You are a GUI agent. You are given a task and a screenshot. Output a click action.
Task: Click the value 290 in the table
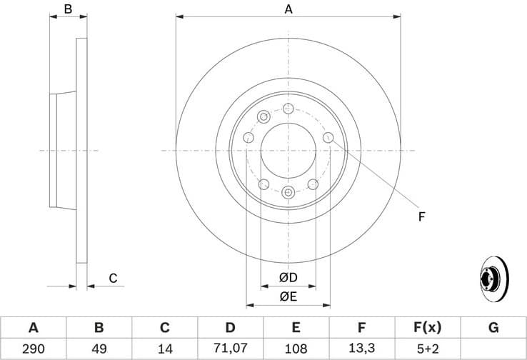pyautogui.click(x=33, y=349)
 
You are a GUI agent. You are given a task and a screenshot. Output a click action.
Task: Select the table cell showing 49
pyautogui.click(x=99, y=349)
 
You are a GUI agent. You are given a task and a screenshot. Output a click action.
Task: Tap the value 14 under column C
pyautogui.click(x=164, y=349)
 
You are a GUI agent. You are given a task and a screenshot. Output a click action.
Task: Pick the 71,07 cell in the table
pyautogui.click(x=230, y=349)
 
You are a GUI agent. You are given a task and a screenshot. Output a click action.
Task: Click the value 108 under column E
pyautogui.click(x=296, y=349)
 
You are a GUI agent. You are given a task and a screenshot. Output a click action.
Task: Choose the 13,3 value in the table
pyautogui.click(x=361, y=349)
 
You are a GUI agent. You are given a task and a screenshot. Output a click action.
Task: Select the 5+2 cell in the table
pyautogui.click(x=427, y=349)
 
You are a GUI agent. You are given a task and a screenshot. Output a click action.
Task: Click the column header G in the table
pyautogui.click(x=493, y=328)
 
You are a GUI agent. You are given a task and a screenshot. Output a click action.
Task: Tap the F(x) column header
pyautogui.click(x=427, y=328)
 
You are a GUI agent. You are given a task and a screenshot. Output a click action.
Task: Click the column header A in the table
pyautogui.click(x=33, y=328)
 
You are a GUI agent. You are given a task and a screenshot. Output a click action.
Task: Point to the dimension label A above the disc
pyautogui.click(x=288, y=9)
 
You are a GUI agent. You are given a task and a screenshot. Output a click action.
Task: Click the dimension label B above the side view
pyautogui.click(x=68, y=9)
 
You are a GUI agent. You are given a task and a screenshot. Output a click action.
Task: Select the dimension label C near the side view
pyautogui.click(x=113, y=279)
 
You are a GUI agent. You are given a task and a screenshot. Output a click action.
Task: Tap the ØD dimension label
pyautogui.click(x=288, y=277)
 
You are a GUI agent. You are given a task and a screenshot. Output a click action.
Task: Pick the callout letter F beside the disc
pyautogui.click(x=421, y=215)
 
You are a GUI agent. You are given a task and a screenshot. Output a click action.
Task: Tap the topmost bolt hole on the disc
pyautogui.click(x=288, y=109)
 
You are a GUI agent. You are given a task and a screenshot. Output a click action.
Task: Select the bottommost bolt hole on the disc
pyautogui.click(x=288, y=191)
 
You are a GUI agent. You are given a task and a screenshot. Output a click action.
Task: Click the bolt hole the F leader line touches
pyautogui.click(x=328, y=137)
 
